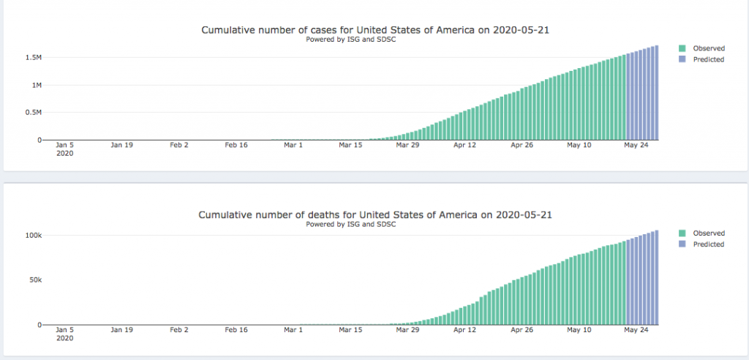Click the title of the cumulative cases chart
(x=374, y=30)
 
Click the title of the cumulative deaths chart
(x=374, y=215)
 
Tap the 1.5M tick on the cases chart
(x=34, y=57)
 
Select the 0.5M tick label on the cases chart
(x=34, y=112)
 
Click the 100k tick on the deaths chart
(x=33, y=236)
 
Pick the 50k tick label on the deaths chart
(x=35, y=280)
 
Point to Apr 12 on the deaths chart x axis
(x=464, y=330)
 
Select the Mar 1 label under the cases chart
(x=293, y=145)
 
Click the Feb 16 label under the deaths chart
(x=236, y=330)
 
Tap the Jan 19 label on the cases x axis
(x=121, y=145)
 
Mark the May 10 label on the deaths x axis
(x=579, y=330)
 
